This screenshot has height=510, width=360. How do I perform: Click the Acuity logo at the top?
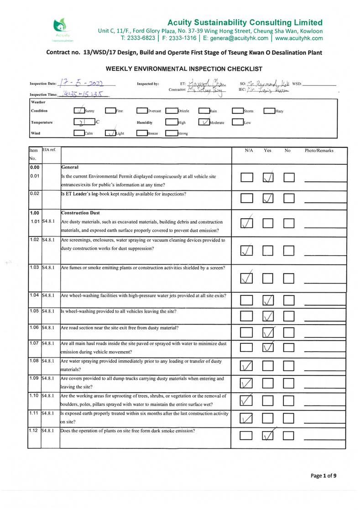point(61,28)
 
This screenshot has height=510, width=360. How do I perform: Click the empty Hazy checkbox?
point(269,110)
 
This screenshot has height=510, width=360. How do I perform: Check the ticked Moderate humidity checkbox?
point(204,122)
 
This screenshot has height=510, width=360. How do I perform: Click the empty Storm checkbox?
point(238,110)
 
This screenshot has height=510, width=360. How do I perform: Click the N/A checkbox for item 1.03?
point(246,278)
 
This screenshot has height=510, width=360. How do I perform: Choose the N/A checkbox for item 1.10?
point(246,401)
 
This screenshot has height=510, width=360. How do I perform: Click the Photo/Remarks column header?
point(319,151)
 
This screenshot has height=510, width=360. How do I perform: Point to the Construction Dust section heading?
point(79,213)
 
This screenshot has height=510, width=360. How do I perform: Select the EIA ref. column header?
point(49,150)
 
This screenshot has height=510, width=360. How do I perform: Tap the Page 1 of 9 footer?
point(323,476)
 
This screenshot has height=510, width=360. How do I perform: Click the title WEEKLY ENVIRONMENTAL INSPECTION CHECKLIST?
point(184,69)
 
